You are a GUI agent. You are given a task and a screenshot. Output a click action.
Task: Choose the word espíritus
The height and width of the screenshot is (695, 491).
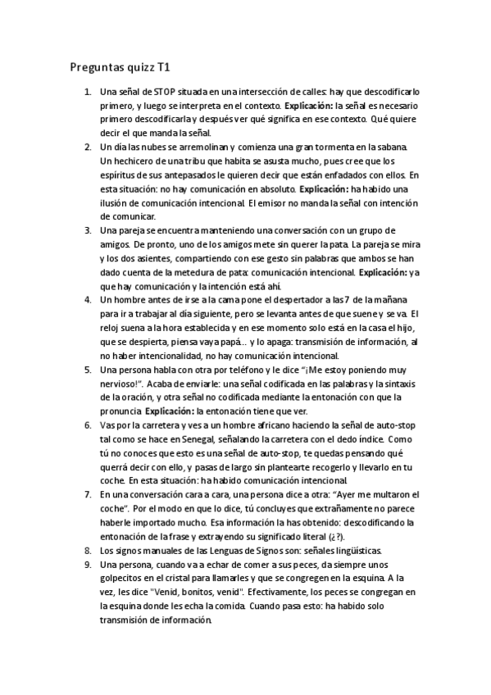(x=120, y=175)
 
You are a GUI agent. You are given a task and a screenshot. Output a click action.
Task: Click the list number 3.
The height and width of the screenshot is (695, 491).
(x=88, y=230)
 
